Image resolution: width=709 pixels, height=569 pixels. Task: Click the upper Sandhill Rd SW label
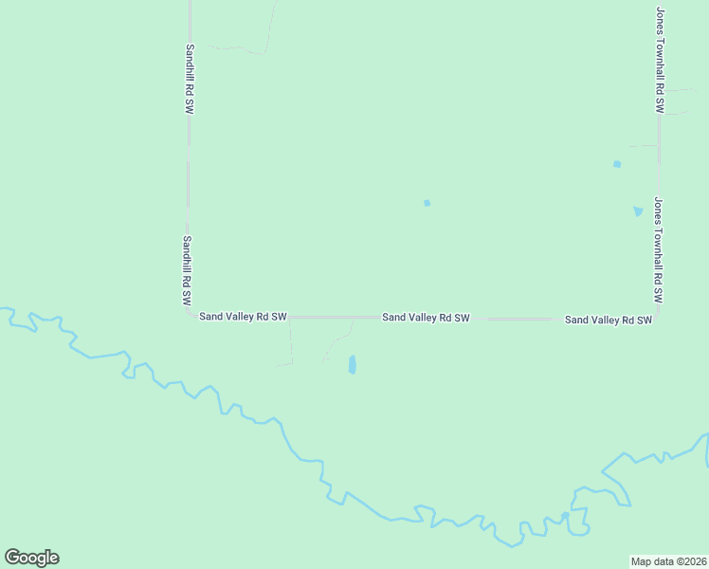190,80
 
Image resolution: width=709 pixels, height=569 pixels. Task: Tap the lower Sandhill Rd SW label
188,270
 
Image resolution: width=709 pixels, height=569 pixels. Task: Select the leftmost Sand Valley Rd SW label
243,317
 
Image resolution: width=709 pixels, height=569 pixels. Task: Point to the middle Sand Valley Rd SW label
426,318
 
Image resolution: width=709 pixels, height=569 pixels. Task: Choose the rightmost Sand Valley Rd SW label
609,320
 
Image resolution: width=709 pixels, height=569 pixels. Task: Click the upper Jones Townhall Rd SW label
660,60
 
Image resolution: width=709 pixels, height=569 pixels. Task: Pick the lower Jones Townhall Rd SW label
657,250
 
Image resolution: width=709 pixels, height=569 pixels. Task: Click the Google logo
31,558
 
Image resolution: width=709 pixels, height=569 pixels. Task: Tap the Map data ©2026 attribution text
668,561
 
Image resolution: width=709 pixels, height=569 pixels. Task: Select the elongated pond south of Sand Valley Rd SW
352,364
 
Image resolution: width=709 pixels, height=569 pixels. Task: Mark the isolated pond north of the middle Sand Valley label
427,202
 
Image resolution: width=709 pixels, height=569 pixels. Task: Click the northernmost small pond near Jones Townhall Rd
617,164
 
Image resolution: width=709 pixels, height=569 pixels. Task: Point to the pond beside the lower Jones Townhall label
638,211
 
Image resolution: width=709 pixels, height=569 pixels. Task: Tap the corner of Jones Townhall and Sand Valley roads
658,318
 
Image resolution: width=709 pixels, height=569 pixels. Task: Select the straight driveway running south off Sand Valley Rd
291,341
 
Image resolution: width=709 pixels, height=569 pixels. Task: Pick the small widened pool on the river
565,516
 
